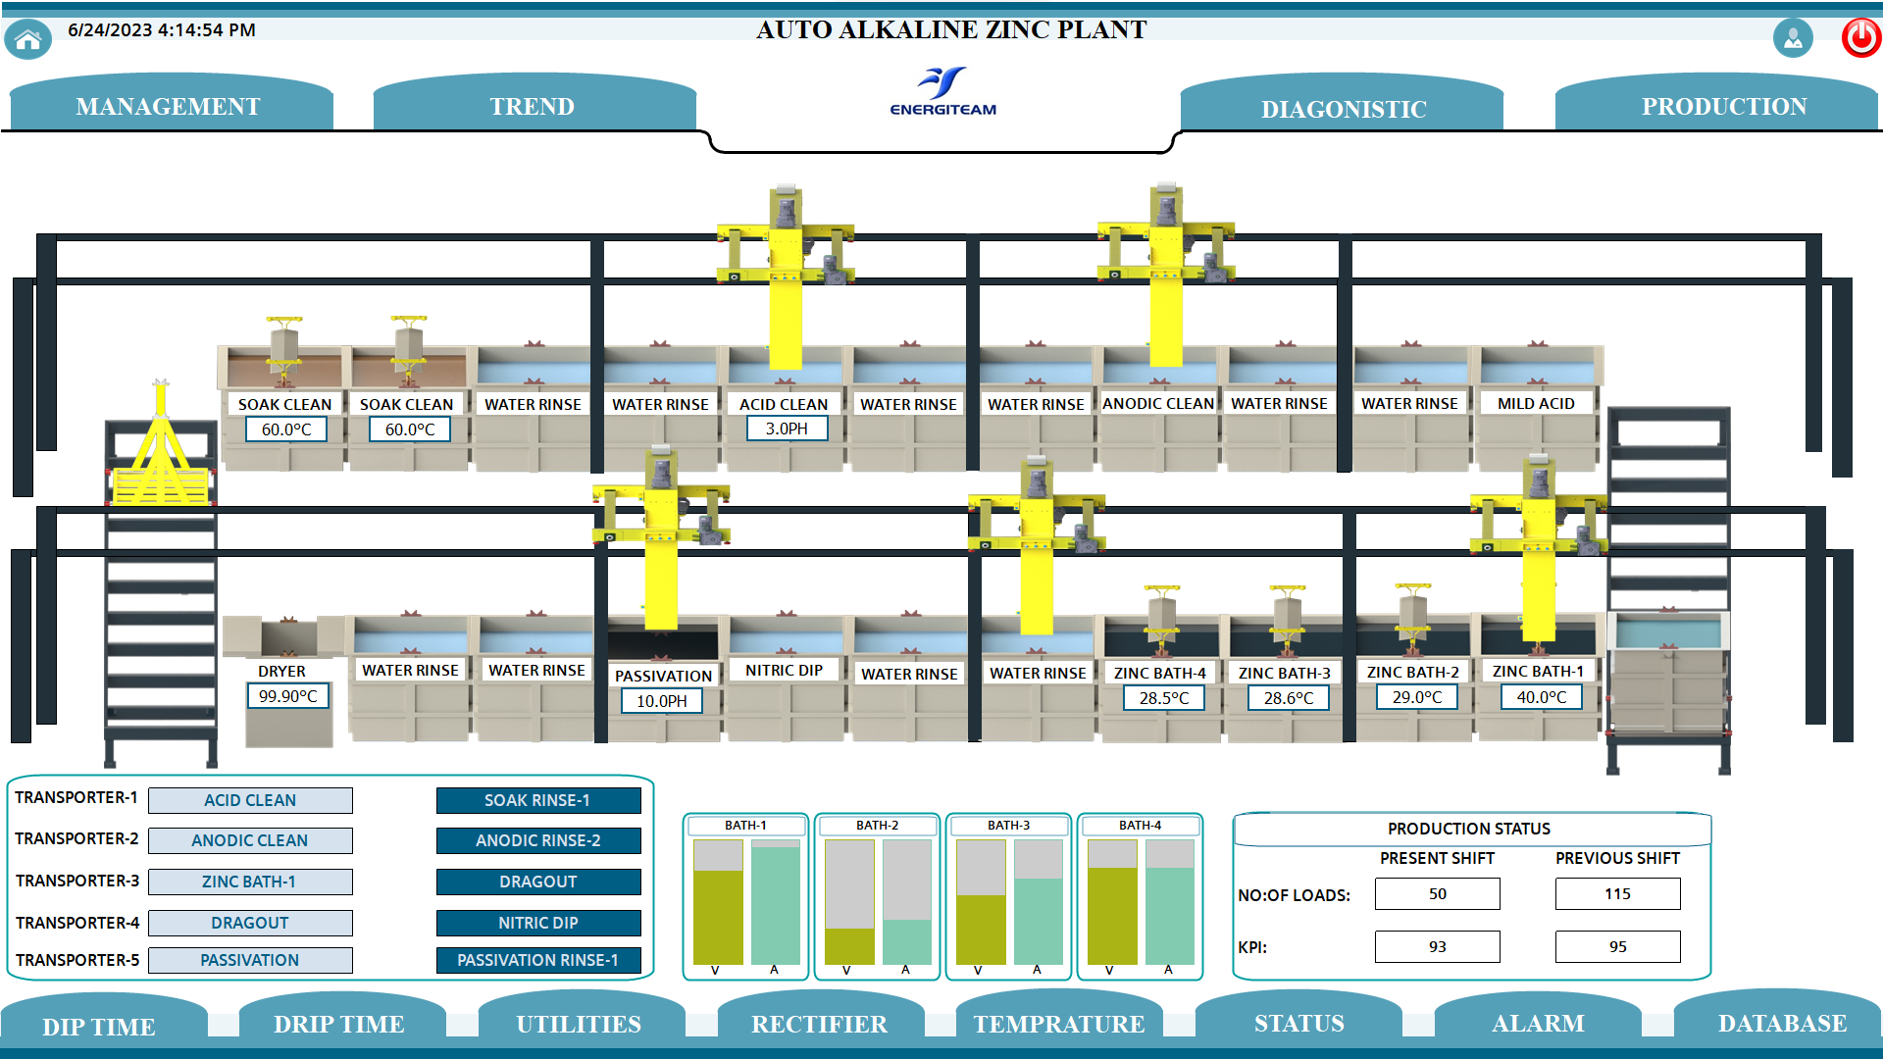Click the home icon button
click(x=28, y=39)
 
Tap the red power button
click(x=1860, y=38)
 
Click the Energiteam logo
click(x=943, y=91)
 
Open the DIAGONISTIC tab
click(x=1343, y=107)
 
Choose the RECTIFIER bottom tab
click(x=820, y=1023)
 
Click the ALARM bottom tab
click(x=1538, y=1023)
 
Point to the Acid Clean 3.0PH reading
click(x=787, y=429)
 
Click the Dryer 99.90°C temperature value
click(x=287, y=696)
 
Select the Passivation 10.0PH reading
click(x=662, y=701)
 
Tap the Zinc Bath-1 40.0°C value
click(x=1542, y=697)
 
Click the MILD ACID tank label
click(x=1536, y=403)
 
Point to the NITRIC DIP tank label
click(x=784, y=670)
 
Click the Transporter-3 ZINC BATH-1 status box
click(x=250, y=882)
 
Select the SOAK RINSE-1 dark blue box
click(x=538, y=800)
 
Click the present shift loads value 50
click(x=1438, y=893)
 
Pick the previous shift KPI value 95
click(x=1618, y=946)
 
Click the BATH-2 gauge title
click(x=877, y=826)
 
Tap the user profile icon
click(x=1793, y=38)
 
